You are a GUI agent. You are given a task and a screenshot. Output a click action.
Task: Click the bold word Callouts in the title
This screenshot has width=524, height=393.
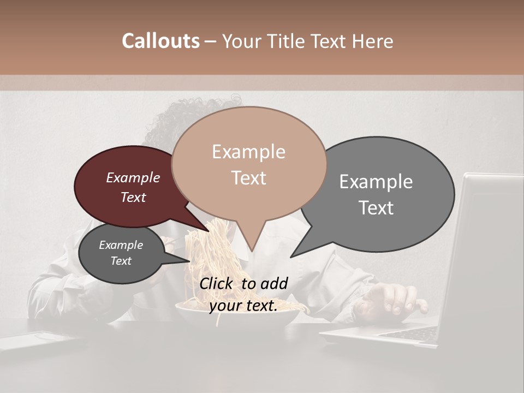tap(160, 41)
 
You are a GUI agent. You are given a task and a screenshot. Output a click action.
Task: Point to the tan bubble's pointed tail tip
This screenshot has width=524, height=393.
tap(252, 251)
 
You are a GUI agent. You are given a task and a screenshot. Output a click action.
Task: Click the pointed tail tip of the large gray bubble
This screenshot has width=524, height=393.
tap(291, 257)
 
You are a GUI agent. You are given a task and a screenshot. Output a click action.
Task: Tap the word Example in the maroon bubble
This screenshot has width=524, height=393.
tap(133, 178)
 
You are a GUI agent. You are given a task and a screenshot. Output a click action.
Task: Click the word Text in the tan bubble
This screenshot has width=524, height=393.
tap(249, 178)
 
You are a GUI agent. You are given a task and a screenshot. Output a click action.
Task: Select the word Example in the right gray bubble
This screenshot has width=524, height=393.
tap(376, 182)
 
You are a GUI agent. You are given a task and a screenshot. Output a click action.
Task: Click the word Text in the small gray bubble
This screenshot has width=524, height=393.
tap(121, 261)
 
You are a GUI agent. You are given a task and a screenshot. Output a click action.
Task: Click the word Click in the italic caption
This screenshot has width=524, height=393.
tap(217, 283)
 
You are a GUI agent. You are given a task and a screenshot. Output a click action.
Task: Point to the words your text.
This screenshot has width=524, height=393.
tap(243, 306)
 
